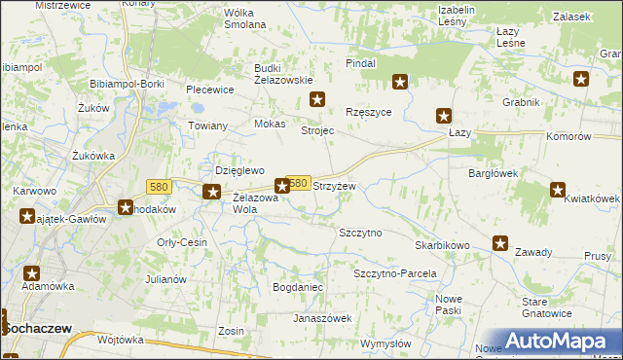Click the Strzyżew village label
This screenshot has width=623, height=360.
click(x=333, y=186)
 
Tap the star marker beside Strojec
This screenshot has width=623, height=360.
click(x=317, y=99)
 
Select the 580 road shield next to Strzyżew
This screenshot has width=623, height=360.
click(x=299, y=183)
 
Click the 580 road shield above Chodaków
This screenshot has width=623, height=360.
click(x=161, y=186)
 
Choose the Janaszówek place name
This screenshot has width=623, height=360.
click(x=322, y=318)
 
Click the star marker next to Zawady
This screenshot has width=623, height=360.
click(x=500, y=244)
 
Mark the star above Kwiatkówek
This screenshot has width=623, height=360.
click(x=558, y=190)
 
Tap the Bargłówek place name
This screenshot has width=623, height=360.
click(x=493, y=172)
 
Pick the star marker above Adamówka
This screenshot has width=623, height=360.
click(x=32, y=275)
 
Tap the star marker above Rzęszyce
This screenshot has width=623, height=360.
click(x=399, y=83)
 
